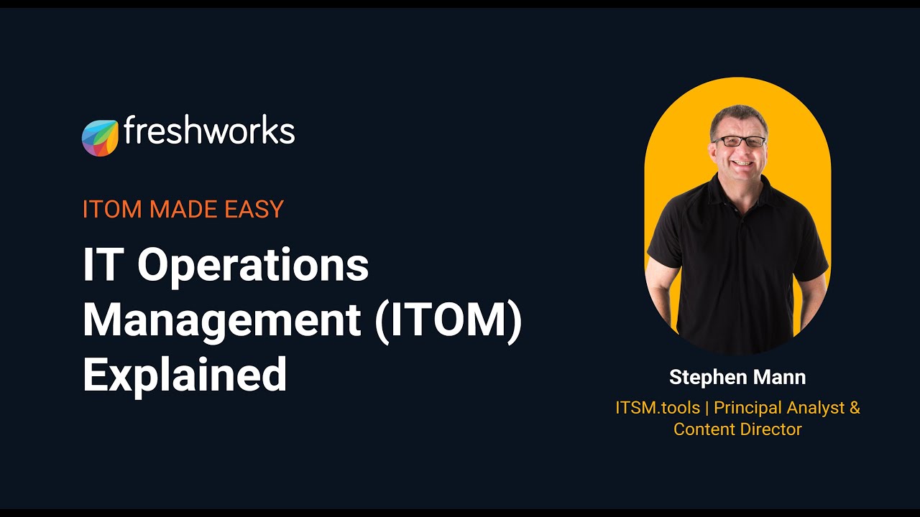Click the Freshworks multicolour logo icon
coord(100,138)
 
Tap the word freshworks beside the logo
coord(208,131)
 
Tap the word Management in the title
coord(221,321)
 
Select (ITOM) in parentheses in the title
coord(448,321)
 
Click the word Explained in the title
coord(185,375)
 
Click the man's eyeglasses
coord(739,141)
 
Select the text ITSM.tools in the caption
coord(658,408)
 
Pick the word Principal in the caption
coord(747,408)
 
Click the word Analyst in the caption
coord(816,408)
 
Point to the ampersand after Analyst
coord(854,408)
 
